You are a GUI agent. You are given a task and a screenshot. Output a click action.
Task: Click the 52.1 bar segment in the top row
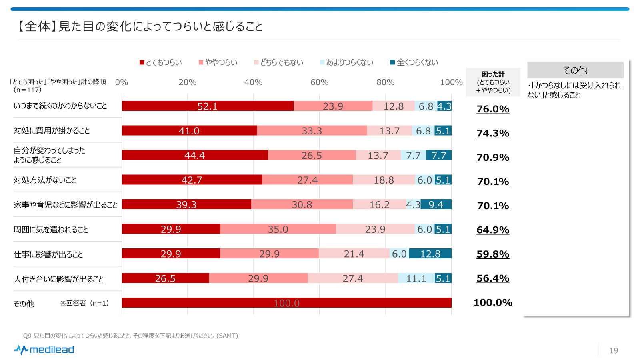(207, 106)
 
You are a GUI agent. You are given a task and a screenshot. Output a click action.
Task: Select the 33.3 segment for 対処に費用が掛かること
(312, 131)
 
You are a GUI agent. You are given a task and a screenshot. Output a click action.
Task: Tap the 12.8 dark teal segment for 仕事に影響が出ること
(430, 254)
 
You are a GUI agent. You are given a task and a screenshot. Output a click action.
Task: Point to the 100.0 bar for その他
(286, 303)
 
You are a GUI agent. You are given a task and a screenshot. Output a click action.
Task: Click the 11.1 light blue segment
(416, 278)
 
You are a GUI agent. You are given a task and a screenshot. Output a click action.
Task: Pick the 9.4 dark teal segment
(436, 204)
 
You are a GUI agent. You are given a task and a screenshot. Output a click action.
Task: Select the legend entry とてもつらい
(160, 62)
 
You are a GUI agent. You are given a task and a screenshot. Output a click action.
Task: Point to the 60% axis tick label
(319, 82)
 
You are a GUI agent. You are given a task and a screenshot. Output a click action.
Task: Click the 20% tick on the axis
(187, 82)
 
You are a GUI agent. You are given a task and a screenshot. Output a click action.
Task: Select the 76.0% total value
(493, 109)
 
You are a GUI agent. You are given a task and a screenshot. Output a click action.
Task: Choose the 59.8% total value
(493, 254)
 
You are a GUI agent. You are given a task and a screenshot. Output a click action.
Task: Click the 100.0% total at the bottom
(493, 302)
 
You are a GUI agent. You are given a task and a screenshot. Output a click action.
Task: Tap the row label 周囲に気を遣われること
(51, 230)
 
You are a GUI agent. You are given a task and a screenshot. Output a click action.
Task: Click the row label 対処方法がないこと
(45, 180)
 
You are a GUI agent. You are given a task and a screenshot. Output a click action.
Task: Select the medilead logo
(44, 350)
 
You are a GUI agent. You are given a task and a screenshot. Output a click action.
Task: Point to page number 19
(614, 351)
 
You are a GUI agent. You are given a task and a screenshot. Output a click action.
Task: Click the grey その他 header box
(575, 70)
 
